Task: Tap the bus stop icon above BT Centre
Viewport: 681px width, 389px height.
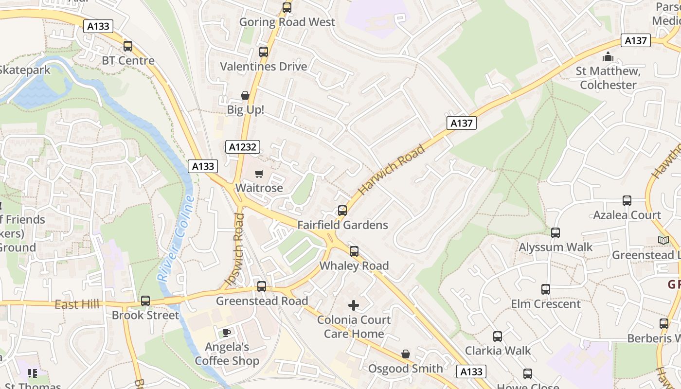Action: pyautogui.click(x=128, y=46)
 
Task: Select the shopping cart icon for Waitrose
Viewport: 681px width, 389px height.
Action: pyautogui.click(x=259, y=174)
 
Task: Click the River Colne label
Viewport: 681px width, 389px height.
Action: pyautogui.click(x=176, y=238)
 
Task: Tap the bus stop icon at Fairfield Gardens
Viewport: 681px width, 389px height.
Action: pyautogui.click(x=342, y=210)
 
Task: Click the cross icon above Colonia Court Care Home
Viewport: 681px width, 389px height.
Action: pyautogui.click(x=354, y=305)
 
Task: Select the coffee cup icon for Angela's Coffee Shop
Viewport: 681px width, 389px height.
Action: pyautogui.click(x=226, y=333)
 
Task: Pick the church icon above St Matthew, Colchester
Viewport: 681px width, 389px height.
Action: pyautogui.click(x=608, y=57)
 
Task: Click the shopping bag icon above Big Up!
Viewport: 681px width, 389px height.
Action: pyautogui.click(x=245, y=95)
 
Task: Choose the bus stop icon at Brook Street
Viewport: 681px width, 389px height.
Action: pyautogui.click(x=145, y=301)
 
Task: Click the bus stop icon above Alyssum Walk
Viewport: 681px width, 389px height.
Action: pyautogui.click(x=556, y=232)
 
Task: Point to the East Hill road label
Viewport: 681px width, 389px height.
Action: pyautogui.click(x=77, y=304)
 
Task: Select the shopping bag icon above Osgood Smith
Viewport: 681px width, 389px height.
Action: pyautogui.click(x=406, y=354)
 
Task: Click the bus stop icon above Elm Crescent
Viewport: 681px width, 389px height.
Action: pyautogui.click(x=546, y=289)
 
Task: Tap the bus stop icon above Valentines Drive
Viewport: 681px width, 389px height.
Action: pyautogui.click(x=264, y=52)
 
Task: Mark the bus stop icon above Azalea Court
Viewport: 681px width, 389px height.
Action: pyautogui.click(x=627, y=200)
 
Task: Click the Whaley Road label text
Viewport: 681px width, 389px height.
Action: pyautogui.click(x=354, y=265)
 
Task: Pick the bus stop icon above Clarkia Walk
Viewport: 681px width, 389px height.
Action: pyautogui.click(x=498, y=336)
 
